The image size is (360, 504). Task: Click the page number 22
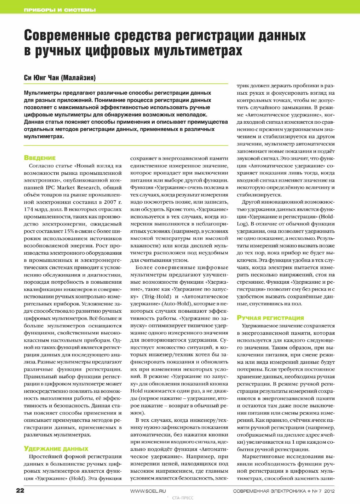[20, 491]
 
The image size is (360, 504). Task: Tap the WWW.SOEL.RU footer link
[148, 491]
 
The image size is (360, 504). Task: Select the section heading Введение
[39, 158]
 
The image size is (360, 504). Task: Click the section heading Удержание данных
[56, 449]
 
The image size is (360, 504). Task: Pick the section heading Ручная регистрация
[270, 318]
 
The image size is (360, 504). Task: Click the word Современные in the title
[66, 35]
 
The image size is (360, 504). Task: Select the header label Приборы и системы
[60, 10]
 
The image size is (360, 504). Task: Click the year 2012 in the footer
[329, 491]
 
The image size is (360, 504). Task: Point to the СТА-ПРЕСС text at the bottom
[183, 498]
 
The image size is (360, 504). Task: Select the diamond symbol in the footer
[309, 491]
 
